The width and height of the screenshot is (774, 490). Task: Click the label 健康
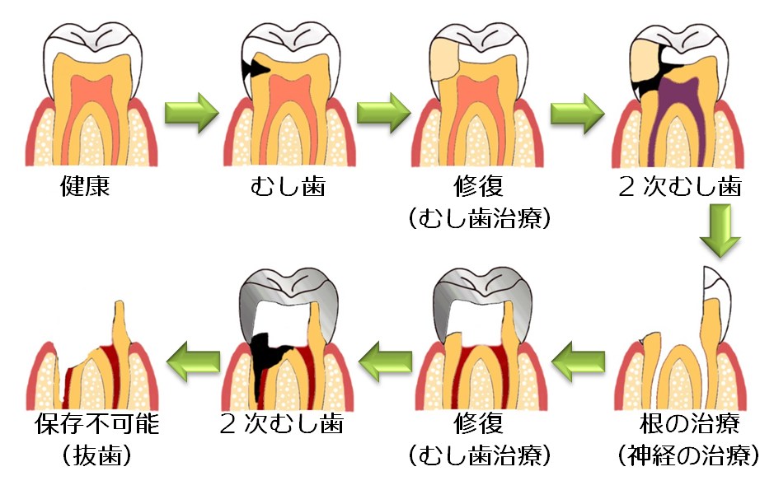85,186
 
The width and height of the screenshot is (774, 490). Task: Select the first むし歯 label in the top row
288,186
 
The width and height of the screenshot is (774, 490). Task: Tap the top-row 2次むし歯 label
681,186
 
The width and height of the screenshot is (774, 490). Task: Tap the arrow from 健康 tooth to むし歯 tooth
192,114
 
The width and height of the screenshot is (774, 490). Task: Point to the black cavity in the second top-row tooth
251,70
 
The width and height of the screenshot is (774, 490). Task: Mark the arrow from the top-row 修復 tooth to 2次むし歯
577,114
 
